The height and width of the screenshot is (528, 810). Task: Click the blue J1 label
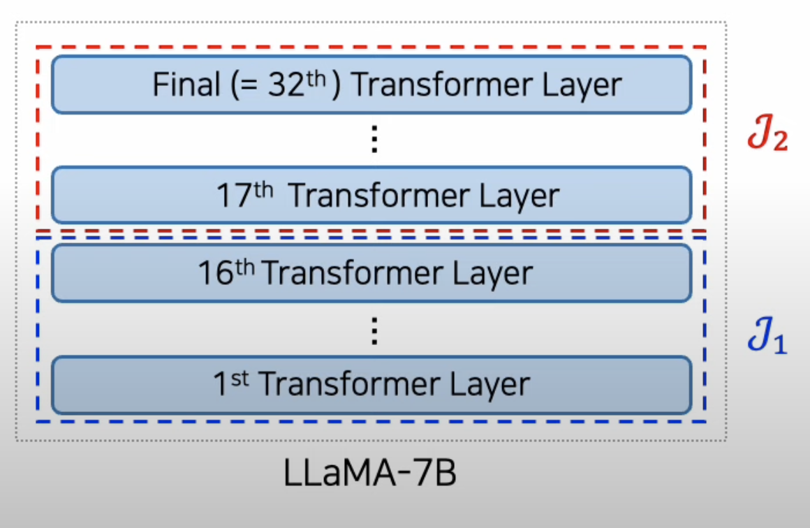pos(767,339)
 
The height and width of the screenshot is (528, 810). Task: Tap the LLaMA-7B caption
pos(371,474)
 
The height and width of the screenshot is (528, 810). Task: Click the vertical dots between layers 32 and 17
pos(374,140)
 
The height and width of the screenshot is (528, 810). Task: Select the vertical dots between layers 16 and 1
pos(374,330)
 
